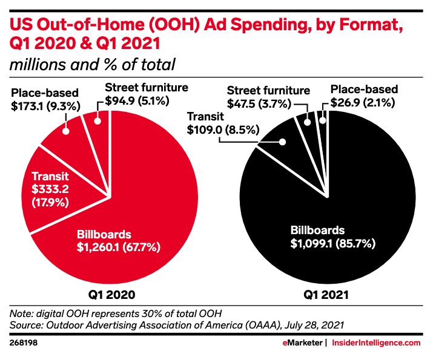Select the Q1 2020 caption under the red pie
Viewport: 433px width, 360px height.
pyautogui.click(x=108, y=296)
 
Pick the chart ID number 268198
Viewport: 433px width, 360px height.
pyautogui.click(x=22, y=343)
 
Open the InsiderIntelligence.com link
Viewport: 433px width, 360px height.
pyautogui.click(x=375, y=343)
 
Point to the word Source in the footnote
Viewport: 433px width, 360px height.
pyautogui.click(x=29, y=325)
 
